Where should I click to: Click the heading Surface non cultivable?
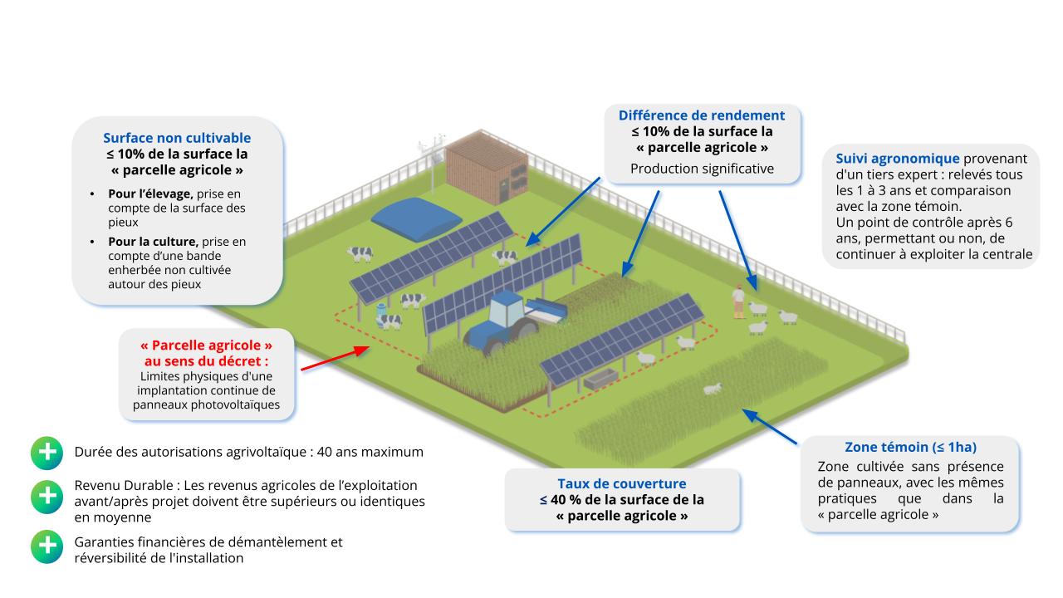click(x=177, y=138)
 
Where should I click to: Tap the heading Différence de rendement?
click(x=701, y=115)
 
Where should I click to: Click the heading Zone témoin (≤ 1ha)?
click(x=910, y=447)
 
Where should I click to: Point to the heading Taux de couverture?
click(x=621, y=483)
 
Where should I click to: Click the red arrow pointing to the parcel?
click(x=334, y=358)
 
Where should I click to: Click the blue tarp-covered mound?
click(x=418, y=218)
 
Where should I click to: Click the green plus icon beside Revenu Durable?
click(x=47, y=496)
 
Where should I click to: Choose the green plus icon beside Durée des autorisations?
click(x=47, y=453)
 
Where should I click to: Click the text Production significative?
click(x=702, y=169)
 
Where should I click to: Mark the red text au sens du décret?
click(x=207, y=361)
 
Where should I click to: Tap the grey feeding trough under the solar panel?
click(x=601, y=379)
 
